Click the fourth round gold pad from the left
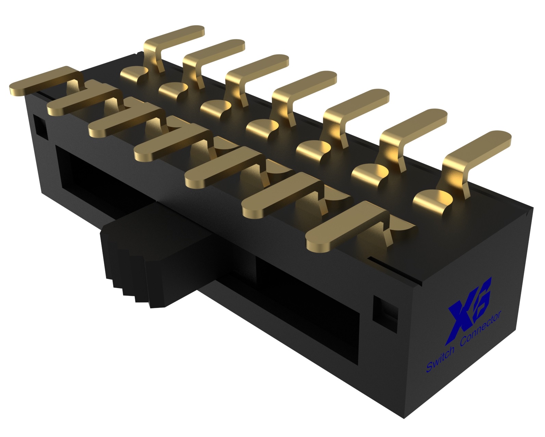tap(262, 127)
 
